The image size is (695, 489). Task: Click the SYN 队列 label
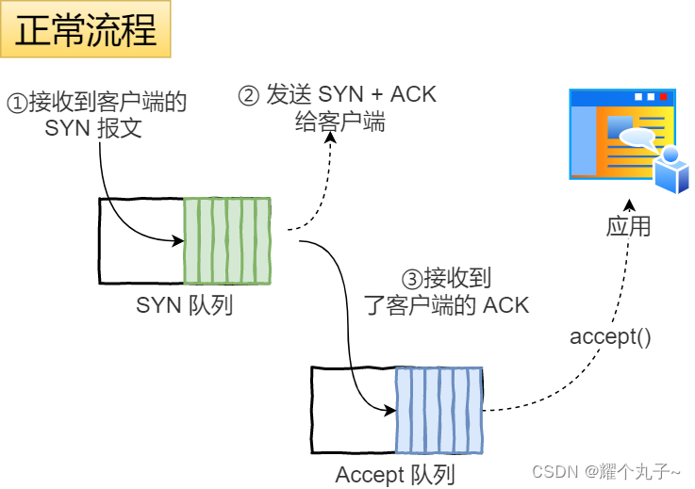184,305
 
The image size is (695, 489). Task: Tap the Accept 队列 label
395,475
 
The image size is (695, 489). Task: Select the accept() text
610,336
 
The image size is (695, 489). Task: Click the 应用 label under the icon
628,227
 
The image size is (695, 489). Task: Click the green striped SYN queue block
227,240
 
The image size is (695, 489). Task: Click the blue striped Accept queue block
439,411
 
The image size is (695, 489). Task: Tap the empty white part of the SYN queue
141,240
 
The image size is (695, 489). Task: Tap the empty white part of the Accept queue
354,411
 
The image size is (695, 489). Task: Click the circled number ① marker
18,102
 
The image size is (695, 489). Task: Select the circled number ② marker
248,95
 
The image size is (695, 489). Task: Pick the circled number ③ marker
411,279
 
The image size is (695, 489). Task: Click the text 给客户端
346,122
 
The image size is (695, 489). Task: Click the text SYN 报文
93,128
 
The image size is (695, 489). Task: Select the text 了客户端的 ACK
446,304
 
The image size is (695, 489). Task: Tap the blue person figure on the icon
672,170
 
